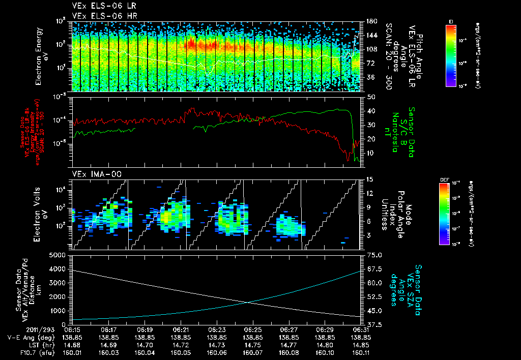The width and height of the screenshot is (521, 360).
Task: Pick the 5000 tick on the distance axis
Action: point(60,255)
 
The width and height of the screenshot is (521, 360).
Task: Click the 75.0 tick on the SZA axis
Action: point(375,255)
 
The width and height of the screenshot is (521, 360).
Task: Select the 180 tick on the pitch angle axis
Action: point(371,21)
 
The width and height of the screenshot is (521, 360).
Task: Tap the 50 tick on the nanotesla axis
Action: point(370,97)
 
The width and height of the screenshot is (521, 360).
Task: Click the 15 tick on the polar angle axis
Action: point(370,179)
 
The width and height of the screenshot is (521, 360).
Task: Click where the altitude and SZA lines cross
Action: point(248,303)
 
